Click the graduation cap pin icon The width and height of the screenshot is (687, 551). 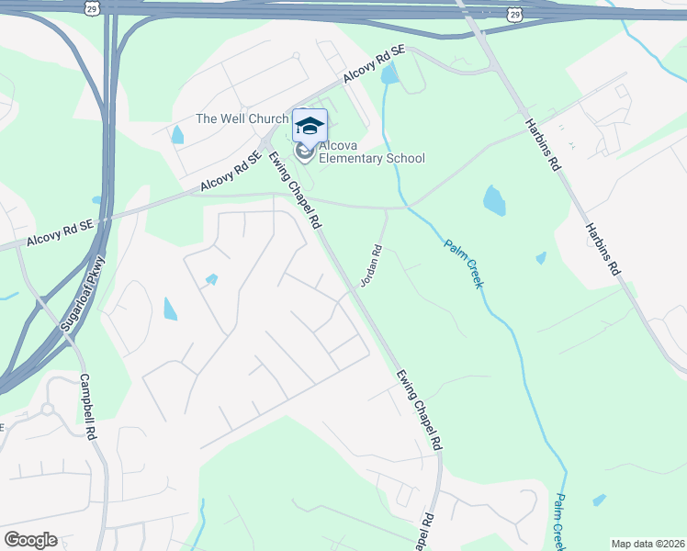click(x=310, y=126)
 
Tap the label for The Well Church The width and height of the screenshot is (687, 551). click(x=242, y=118)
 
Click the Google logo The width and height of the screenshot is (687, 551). click(x=30, y=540)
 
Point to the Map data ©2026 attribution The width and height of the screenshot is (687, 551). click(x=648, y=544)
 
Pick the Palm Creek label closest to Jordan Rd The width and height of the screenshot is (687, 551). click(x=464, y=264)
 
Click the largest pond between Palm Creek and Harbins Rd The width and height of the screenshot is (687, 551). click(x=494, y=200)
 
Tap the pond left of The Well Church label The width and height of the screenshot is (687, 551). click(x=176, y=135)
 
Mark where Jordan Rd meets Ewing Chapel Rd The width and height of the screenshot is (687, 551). click(x=351, y=290)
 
